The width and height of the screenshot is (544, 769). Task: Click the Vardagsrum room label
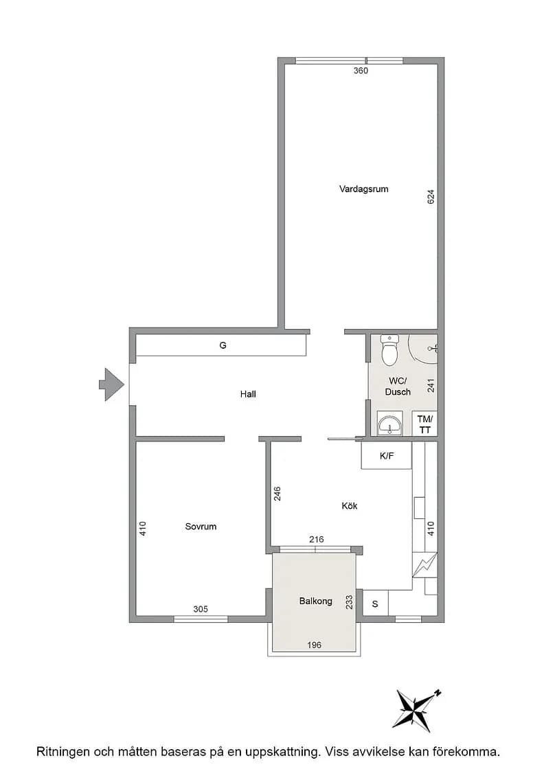[x=363, y=189]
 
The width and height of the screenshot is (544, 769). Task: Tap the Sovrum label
[x=201, y=526]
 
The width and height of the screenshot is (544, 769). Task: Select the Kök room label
[x=349, y=505]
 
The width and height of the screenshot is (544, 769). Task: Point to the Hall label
[x=248, y=394]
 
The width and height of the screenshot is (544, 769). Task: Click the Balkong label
[x=315, y=601]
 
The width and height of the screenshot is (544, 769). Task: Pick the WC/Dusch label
[x=398, y=387]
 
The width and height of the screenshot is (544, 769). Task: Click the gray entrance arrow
[x=111, y=384]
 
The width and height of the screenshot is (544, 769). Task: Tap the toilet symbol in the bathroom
[x=389, y=350]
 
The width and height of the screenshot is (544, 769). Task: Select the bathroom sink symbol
[x=390, y=423]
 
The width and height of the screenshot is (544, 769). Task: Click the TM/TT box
[x=424, y=424]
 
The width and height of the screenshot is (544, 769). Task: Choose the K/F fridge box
[x=387, y=456]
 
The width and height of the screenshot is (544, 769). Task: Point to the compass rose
[x=416, y=710]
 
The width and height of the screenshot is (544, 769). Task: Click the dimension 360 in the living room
[x=361, y=71]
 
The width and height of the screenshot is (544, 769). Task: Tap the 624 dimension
[x=431, y=197]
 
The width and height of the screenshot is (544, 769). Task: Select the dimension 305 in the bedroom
[x=200, y=609]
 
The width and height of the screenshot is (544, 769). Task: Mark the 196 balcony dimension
[x=314, y=645]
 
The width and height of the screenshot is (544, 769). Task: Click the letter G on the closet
[x=223, y=345]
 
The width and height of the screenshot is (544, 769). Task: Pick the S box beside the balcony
[x=375, y=604]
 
